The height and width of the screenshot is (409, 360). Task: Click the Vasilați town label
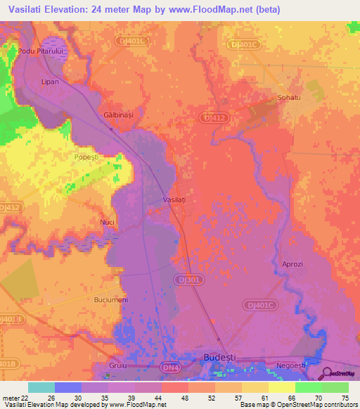point(174,200)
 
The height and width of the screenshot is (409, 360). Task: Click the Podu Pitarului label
point(41,51)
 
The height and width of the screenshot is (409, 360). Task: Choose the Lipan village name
point(50,82)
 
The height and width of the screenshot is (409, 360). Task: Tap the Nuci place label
point(107,222)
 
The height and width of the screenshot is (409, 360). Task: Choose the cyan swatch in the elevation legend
point(41,387)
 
